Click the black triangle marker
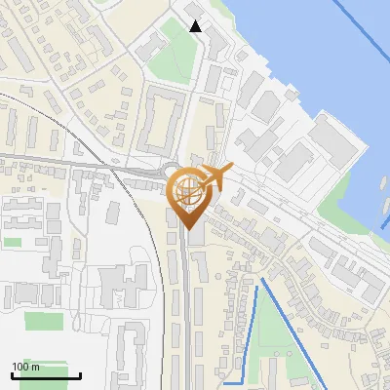pos(195,26)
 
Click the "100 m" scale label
pos(26,367)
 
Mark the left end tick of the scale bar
pos(12,375)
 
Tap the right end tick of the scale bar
pos(80,375)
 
